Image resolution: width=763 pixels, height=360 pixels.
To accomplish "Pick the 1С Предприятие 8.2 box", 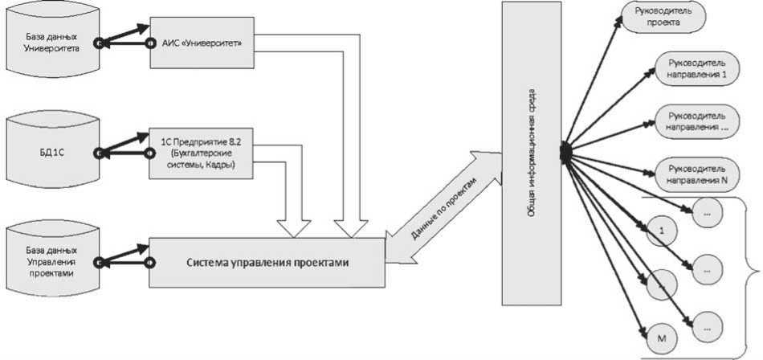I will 202,150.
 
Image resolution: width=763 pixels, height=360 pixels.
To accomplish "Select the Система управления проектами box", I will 267,262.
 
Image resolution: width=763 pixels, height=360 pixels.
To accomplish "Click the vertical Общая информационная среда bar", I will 531,153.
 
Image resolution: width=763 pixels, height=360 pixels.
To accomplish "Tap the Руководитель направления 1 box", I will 696,68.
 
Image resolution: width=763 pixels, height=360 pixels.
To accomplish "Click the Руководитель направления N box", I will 696,174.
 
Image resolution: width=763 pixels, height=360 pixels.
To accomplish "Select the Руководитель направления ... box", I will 696,121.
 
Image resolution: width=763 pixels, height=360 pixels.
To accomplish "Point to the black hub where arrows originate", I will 564,150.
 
